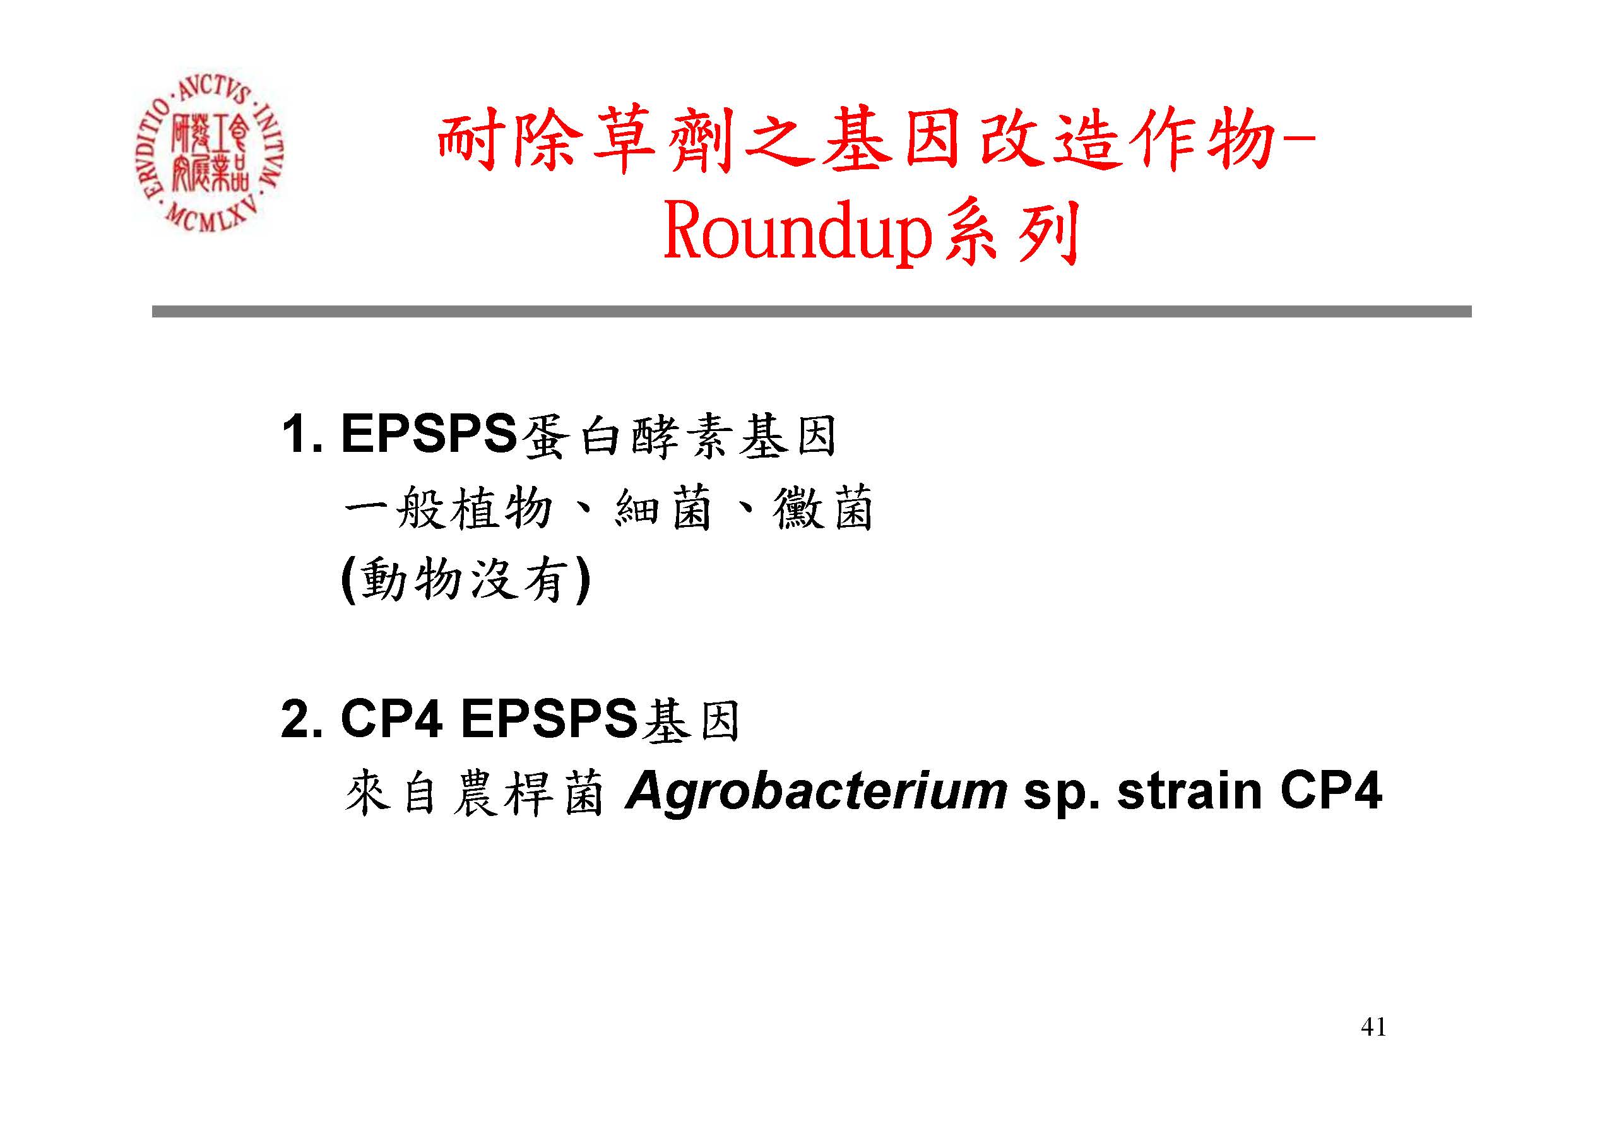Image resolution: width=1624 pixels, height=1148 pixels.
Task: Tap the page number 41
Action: [x=1373, y=1026]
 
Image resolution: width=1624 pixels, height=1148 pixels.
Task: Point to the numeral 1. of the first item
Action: [x=302, y=434]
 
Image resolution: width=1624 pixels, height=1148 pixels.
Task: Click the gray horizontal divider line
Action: [x=811, y=311]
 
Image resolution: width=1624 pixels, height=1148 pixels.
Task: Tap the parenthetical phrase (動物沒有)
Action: [x=465, y=580]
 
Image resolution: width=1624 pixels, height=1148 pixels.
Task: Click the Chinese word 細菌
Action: [x=663, y=508]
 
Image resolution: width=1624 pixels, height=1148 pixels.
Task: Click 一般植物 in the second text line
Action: [x=448, y=508]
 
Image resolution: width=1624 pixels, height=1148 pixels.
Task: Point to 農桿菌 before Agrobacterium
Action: [x=528, y=792]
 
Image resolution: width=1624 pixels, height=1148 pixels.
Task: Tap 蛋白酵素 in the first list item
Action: [x=625, y=435]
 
